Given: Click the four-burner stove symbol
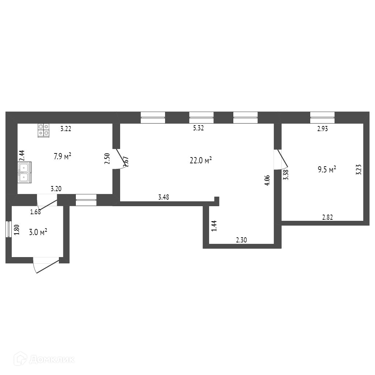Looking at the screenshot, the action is click(44, 130).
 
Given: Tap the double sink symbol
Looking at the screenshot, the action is click(25, 172).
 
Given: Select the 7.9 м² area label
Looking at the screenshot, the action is click(62, 156).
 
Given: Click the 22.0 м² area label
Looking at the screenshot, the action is click(201, 160).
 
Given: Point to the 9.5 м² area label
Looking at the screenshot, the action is click(327, 170).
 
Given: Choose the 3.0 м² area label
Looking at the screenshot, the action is click(38, 232).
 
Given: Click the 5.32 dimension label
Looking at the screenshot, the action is click(198, 128).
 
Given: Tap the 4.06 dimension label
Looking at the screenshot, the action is click(267, 180).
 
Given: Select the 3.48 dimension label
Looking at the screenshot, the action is click(164, 197).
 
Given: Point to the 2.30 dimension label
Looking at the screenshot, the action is click(241, 240).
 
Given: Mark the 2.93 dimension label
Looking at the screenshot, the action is click(323, 129).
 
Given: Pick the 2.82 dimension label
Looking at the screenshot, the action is click(327, 218).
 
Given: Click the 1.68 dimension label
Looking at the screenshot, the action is click(36, 212).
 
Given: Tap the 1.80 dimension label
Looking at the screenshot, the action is click(16, 230).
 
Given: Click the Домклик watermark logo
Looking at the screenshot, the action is click(44, 359).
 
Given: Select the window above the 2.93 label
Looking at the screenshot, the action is click(322, 118).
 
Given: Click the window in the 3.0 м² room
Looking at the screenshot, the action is click(9, 229).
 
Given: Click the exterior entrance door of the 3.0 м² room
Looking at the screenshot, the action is click(47, 265).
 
